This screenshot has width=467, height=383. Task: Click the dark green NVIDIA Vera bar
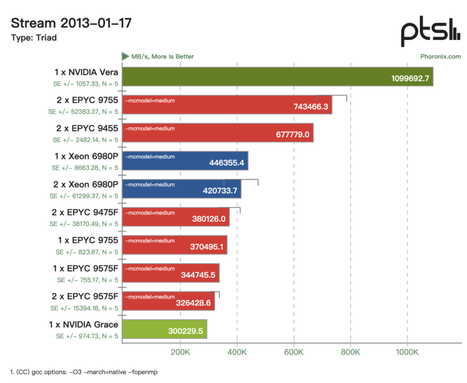[x=278, y=77]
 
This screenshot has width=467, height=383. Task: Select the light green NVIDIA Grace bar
[x=165, y=329]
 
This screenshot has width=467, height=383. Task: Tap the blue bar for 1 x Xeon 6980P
[x=185, y=161]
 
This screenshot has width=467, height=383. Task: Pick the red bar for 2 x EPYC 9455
[x=218, y=133]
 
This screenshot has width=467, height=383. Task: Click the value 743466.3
[x=311, y=107]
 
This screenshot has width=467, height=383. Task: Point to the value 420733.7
[x=220, y=191]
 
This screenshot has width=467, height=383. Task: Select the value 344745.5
[x=198, y=275]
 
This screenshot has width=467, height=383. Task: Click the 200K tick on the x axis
[x=180, y=352]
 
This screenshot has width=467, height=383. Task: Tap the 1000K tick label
[x=407, y=352]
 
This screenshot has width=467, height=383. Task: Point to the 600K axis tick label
[x=294, y=352]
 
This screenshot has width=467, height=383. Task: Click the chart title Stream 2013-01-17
[x=71, y=23]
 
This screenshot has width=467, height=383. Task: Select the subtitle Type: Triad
[x=34, y=38]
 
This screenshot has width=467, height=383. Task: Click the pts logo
[x=431, y=32]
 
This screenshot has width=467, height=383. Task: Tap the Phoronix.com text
[x=441, y=57]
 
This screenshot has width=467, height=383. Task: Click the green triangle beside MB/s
[x=126, y=57]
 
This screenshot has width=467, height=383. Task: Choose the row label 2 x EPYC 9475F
[x=85, y=212]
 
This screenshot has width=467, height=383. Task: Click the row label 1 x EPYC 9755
[x=88, y=240]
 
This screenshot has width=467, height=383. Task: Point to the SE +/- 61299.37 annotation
[x=84, y=196]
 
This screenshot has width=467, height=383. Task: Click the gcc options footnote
[x=84, y=372]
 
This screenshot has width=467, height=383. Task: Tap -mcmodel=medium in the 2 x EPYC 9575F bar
[x=150, y=297]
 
